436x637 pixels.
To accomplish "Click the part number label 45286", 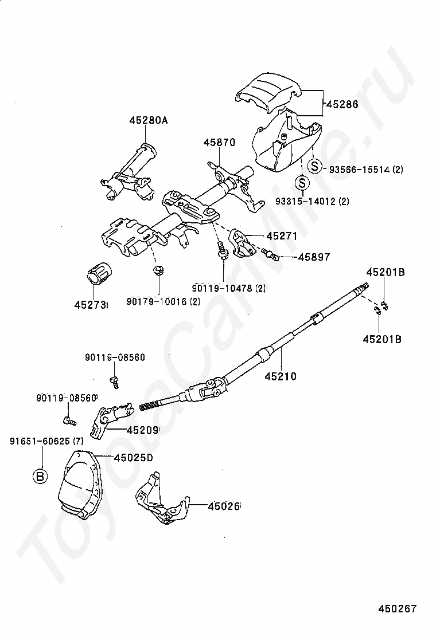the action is coord(342,104).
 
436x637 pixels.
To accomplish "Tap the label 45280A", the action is coord(148,121).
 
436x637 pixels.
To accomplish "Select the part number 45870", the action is coord(220,143).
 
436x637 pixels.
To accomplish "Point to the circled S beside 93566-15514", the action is coord(315,167).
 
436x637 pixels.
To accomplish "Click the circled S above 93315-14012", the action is coord(302,183).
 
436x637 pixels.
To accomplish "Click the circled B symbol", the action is coord(40,475).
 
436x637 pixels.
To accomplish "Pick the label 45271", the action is coord(282,236).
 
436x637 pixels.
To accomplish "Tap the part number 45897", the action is coord(314,257).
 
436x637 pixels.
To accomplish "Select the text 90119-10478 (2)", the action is coord(228,289).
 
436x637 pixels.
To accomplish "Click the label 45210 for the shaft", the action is coord(281,376).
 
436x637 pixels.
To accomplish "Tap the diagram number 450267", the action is coord(398,608).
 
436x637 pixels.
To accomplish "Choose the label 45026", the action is coord(223,506).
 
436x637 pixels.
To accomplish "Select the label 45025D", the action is coord(133,458).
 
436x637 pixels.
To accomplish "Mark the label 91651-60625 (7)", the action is coord(46,441).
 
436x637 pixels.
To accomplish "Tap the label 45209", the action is coord(142,430).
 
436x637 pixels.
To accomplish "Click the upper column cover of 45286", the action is coord(268,92).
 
